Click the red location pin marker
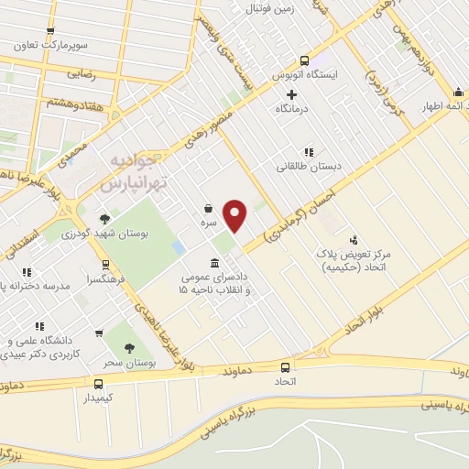235,215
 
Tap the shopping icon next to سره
209,209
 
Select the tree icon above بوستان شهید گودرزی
105,218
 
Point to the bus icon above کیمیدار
97,384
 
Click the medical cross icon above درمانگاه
291,94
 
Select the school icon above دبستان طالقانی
309,152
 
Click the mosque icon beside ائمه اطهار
457,92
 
